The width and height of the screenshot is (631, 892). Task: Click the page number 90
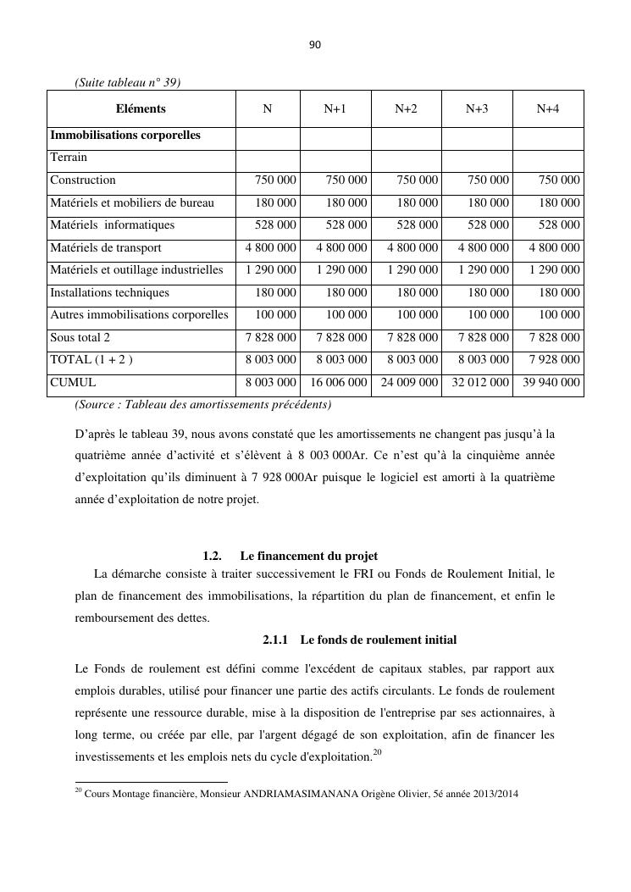pos(315,45)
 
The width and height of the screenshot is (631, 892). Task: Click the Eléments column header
pos(141,108)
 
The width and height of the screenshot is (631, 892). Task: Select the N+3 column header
pos(477,108)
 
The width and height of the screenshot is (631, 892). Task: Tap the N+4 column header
pos(548,108)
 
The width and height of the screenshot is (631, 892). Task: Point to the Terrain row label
pos(69,158)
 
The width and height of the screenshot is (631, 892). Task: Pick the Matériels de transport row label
pos(106,248)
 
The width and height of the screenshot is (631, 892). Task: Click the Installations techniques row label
pos(109,293)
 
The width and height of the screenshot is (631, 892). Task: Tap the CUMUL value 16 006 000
pos(337,383)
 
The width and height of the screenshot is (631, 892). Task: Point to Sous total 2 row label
pos(80,338)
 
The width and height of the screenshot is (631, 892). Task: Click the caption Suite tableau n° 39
pos(128,82)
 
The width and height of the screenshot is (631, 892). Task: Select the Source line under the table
pos(203,404)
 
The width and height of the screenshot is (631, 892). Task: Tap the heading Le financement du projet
pos(308,557)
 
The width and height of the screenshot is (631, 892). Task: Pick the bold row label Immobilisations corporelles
pos(125,136)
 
